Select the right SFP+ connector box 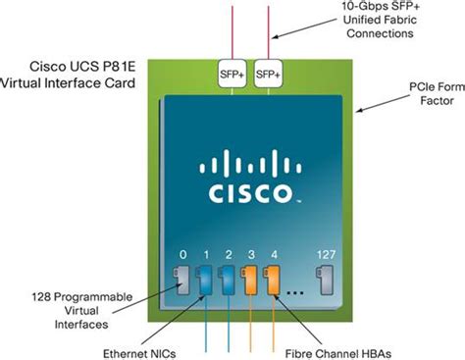coord(267,75)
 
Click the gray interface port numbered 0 coord(182,279)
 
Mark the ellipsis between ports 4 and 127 coord(299,290)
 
